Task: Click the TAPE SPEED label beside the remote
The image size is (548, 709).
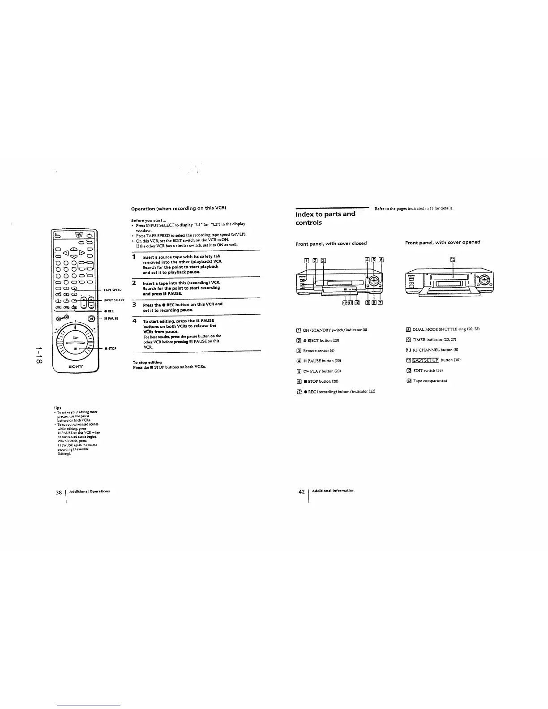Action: (112, 290)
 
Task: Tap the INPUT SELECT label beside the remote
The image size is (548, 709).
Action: (114, 300)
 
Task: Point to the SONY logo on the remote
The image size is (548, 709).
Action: (75, 365)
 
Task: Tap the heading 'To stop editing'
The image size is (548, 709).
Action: (147, 362)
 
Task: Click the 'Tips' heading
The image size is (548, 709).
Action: (57, 408)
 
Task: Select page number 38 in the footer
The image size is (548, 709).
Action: (59, 492)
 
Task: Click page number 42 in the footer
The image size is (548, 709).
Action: (301, 491)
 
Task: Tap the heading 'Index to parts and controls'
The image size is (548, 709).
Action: (325, 218)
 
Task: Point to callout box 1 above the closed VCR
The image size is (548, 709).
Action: (306, 260)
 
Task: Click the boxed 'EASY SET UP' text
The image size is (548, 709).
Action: (425, 360)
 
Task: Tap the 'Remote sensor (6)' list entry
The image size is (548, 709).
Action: (318, 350)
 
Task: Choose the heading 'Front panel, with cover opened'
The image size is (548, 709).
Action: (442, 242)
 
